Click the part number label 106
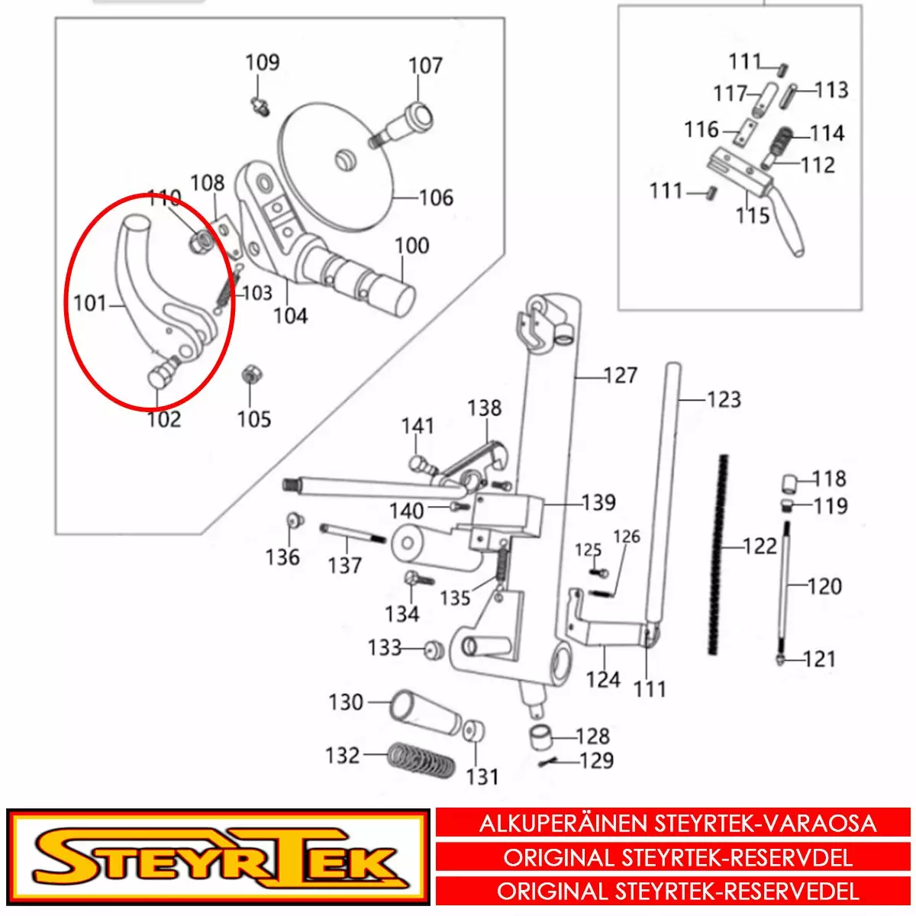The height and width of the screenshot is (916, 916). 437,197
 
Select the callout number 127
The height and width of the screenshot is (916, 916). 621,376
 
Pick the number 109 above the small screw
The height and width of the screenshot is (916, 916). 263,63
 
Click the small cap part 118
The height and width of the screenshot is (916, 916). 789,483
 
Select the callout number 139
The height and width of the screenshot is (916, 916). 599,502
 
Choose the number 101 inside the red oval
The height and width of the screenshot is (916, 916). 90,303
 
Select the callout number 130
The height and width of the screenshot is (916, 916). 346,702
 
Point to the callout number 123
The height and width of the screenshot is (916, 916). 724,400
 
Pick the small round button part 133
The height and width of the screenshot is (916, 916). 434,650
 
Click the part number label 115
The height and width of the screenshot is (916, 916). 753,216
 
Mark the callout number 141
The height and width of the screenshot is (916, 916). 418,426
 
